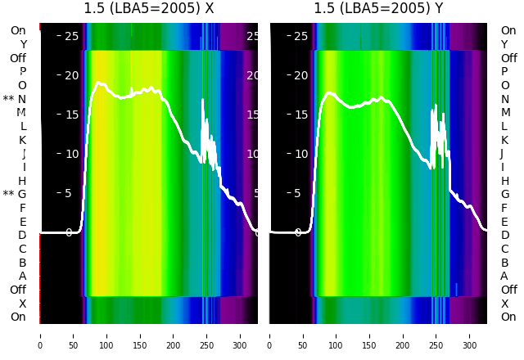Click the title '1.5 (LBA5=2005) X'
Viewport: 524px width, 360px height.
[x=149, y=8]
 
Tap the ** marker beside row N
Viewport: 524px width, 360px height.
[x=8, y=99]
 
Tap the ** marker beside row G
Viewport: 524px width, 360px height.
[x=8, y=194]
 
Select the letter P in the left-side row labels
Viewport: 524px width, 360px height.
[x=22, y=72]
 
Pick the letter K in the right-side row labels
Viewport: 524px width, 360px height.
[x=504, y=140]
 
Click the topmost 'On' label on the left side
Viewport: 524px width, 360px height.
[x=18, y=31]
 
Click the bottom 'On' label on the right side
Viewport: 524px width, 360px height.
[x=508, y=317]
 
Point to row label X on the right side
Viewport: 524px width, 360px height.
[x=504, y=304]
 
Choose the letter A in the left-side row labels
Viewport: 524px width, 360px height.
[x=22, y=276]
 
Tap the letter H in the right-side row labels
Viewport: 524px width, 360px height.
[x=504, y=181]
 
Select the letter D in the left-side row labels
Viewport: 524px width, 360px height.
[x=22, y=236]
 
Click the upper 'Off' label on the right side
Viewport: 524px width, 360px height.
[x=508, y=58]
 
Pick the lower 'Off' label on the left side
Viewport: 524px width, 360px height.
[x=18, y=290]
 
